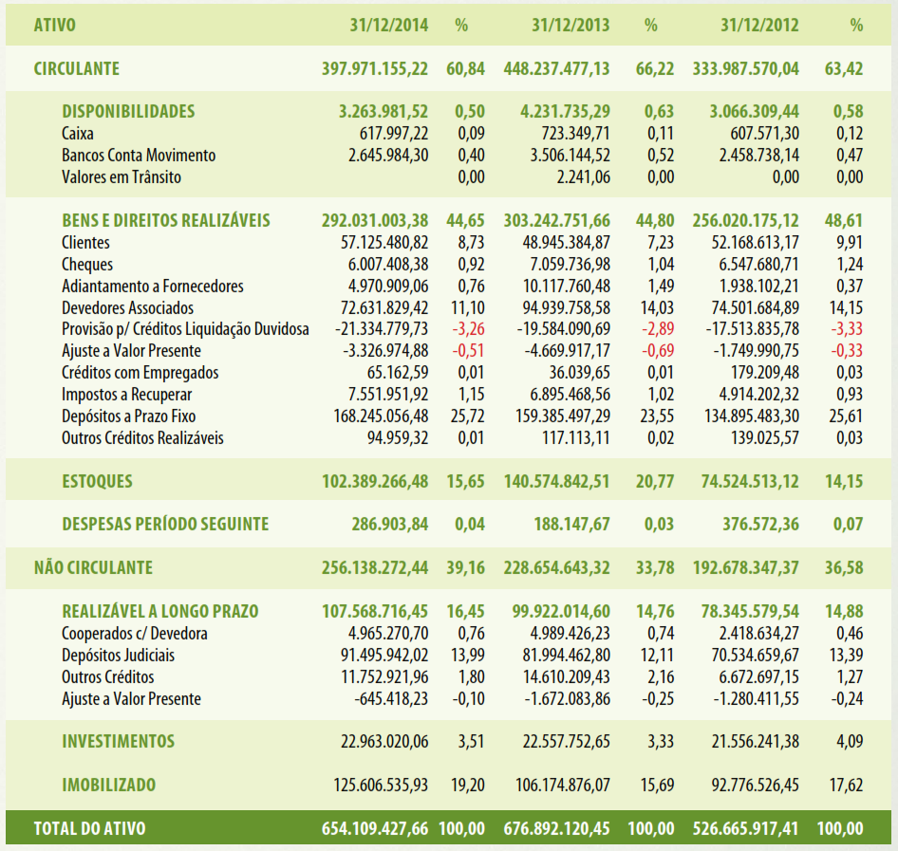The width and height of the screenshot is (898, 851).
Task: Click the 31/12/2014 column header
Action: tap(389, 26)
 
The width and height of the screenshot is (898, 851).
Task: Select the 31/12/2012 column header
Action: tap(759, 26)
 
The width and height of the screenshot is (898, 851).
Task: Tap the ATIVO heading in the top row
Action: tap(55, 26)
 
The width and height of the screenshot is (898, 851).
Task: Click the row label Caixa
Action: tap(77, 134)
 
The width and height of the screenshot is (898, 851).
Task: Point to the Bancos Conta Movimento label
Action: tap(139, 155)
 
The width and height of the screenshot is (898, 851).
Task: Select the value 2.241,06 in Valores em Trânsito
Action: tap(584, 177)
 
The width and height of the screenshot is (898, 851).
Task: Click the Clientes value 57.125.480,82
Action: tap(384, 243)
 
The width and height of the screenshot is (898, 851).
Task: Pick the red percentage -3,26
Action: tap(469, 329)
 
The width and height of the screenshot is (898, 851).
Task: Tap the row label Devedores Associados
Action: tap(128, 308)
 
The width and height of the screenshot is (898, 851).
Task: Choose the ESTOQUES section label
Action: tap(98, 481)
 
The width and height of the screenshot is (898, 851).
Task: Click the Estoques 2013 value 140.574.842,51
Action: tap(556, 481)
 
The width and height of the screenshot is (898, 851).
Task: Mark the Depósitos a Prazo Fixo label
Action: tap(129, 416)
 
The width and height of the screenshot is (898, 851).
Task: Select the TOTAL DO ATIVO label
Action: tap(90, 828)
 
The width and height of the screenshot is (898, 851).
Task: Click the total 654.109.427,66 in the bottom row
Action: tap(375, 828)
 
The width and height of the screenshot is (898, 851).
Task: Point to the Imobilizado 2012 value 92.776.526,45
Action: tap(756, 786)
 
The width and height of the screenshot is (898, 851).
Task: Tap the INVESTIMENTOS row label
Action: tap(119, 742)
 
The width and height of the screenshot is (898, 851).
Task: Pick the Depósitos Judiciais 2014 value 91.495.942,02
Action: tap(384, 656)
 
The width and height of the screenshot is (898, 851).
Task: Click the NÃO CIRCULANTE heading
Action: tap(93, 567)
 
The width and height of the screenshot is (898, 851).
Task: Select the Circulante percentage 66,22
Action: tap(655, 68)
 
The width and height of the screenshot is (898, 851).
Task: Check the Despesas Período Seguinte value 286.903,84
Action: tap(390, 525)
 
